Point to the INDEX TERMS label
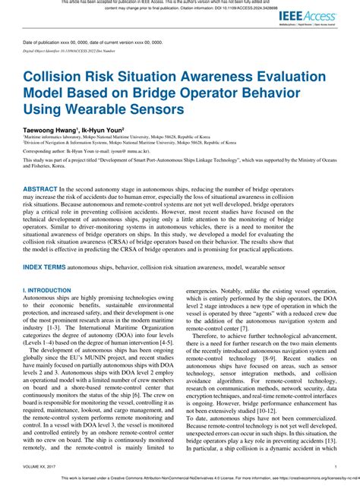pyautogui.click(x=44, y=247)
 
